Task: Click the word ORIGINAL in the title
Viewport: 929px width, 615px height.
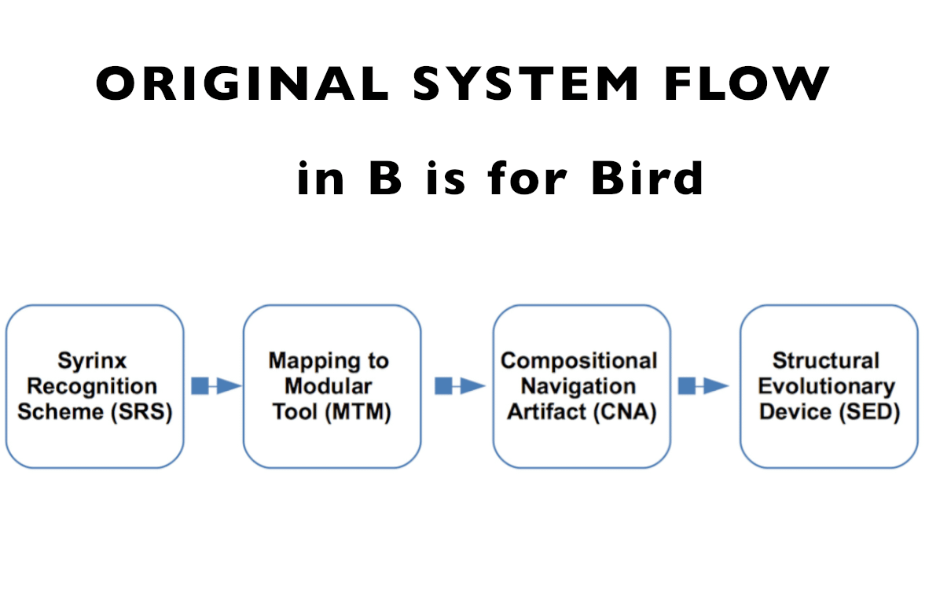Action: tap(242, 83)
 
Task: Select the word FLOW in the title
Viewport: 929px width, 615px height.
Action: tap(747, 83)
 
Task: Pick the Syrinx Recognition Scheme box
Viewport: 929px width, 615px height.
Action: tap(95, 386)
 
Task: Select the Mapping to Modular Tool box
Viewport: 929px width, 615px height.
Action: tap(332, 386)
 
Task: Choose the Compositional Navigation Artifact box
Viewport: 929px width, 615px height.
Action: tap(582, 386)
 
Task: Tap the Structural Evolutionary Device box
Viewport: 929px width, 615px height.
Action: tap(828, 386)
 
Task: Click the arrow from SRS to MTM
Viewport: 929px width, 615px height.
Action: tap(215, 385)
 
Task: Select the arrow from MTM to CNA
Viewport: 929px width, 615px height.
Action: tap(460, 385)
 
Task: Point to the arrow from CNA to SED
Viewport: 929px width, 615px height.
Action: tap(703, 385)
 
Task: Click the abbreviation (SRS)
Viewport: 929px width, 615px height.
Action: tap(140, 412)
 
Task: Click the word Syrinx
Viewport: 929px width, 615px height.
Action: tap(92, 361)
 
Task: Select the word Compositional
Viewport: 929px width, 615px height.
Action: tap(579, 361)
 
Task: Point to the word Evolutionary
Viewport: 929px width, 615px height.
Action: tap(826, 387)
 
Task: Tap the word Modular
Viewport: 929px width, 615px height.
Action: tap(329, 387)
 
